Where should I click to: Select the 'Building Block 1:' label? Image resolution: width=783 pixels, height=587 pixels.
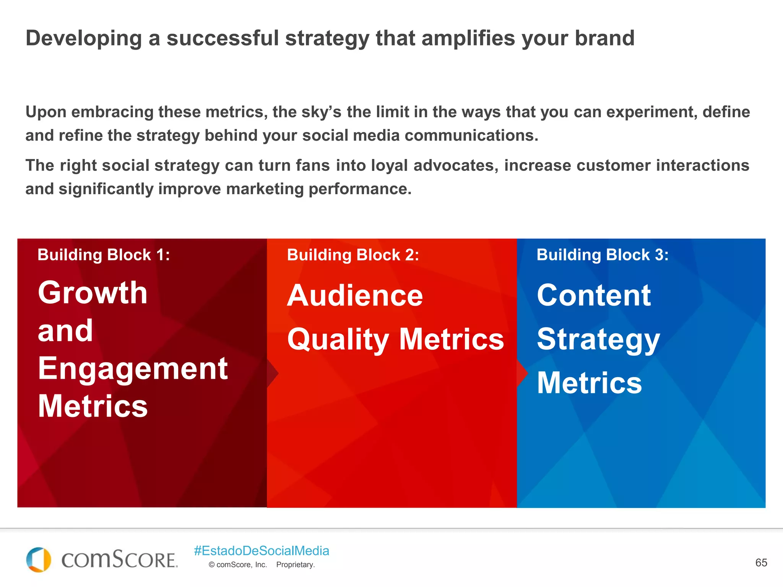click(x=104, y=255)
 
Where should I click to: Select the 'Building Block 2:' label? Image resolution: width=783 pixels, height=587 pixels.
click(x=353, y=255)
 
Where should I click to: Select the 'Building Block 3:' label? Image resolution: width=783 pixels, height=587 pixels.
click(x=603, y=255)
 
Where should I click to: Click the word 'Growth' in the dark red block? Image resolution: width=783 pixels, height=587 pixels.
click(x=93, y=293)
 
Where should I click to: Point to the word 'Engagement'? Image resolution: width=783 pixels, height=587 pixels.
click(x=133, y=368)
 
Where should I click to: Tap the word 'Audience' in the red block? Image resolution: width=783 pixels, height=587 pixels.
click(x=355, y=296)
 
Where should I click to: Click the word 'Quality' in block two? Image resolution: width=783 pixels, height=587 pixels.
click(x=338, y=340)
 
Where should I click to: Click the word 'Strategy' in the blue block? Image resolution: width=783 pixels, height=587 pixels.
click(x=598, y=340)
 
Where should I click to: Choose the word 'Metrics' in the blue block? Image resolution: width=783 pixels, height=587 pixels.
click(x=589, y=383)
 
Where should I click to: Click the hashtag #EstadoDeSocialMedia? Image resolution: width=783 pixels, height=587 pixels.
click(x=262, y=551)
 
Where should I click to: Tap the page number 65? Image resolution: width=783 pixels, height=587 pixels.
click(x=761, y=563)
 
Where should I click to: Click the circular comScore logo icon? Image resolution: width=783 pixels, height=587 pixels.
click(x=38, y=560)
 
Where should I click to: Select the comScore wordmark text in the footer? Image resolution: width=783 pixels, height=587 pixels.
click(x=119, y=560)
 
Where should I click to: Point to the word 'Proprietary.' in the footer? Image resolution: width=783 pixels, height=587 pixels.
click(x=295, y=565)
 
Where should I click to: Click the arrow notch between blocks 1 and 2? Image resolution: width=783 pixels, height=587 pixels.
click(x=272, y=373)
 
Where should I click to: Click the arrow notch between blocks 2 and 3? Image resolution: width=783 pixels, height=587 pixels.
click(x=522, y=373)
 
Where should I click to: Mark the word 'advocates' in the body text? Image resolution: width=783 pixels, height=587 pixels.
click(x=455, y=165)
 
